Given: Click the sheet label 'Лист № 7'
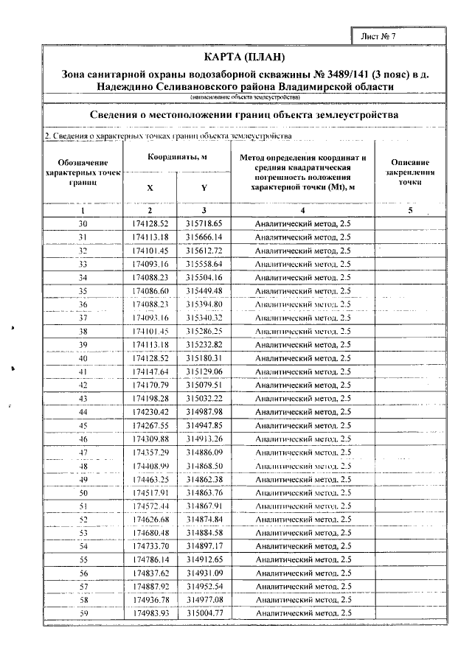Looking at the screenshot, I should [380, 35].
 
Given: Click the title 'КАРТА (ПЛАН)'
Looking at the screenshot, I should [243, 58].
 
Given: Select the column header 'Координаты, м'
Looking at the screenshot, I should [176, 158].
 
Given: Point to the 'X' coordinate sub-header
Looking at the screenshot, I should [150, 188].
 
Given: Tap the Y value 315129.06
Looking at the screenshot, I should [204, 371].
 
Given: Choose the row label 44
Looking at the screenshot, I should [83, 412].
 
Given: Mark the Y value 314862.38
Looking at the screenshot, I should [204, 479].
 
